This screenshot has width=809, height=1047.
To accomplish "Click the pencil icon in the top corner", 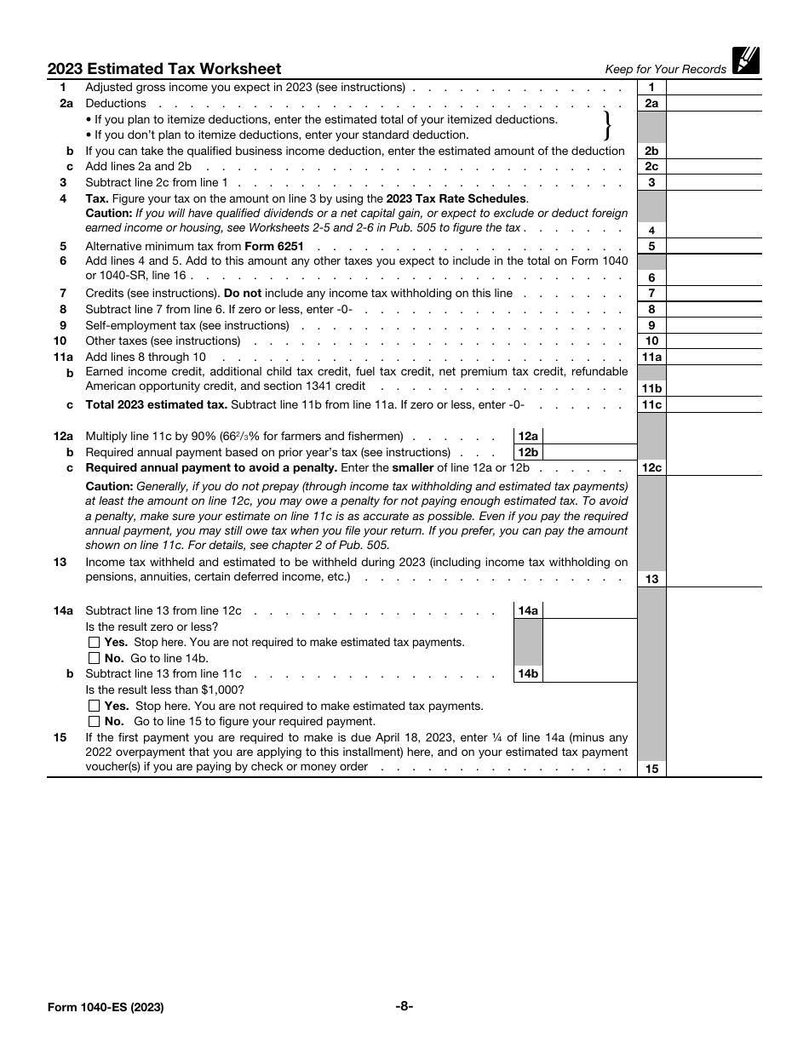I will click(745, 60).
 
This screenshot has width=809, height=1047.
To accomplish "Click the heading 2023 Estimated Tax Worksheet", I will click(164, 69).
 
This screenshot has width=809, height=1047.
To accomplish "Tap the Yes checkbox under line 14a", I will click(94, 643).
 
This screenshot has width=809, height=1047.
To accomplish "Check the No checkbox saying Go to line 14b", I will click(94, 658).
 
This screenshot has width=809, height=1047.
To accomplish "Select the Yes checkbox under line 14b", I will click(94, 706).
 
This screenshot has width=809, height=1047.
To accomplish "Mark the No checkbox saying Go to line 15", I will click(94, 721).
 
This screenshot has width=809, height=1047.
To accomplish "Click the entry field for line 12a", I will click(589, 436).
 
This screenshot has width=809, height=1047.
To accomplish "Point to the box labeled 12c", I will click(651, 468).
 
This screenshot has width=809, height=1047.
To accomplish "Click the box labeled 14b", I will click(528, 674).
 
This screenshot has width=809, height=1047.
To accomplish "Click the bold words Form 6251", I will click(273, 246).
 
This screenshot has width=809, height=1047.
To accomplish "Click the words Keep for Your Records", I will click(665, 70).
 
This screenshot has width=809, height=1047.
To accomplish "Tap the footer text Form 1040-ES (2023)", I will click(106, 1007).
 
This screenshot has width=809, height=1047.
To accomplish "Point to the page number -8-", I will click(404, 1006).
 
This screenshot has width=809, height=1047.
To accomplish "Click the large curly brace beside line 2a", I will click(607, 126).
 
